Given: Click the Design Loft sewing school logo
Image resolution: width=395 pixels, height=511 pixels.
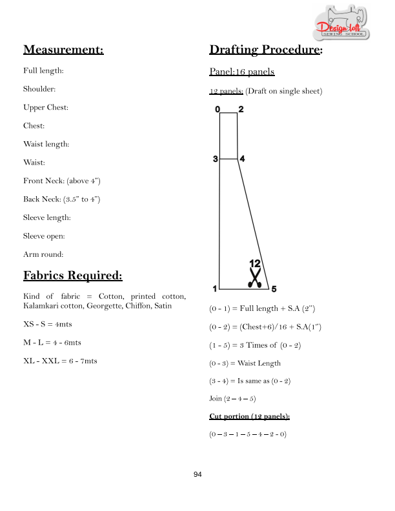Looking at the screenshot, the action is point(341,22).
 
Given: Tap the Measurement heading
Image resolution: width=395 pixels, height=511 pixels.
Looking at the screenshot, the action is point(63,50).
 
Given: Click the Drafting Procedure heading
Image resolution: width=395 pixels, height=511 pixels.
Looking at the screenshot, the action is point(266,50).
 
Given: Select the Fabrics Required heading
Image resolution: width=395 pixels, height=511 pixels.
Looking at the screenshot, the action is point(73,276).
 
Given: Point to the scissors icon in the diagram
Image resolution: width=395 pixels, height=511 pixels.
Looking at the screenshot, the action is point(255,277).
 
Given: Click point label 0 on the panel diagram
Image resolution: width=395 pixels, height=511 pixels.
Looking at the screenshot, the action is point(218,109).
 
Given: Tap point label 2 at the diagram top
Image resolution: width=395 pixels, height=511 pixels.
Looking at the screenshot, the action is point(241,109).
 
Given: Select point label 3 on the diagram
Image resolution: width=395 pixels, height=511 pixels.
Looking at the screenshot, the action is point(216,159).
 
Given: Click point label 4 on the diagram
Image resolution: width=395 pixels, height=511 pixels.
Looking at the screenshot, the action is point(242,159).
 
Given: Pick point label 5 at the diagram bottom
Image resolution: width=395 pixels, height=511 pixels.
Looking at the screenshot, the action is point(274,289).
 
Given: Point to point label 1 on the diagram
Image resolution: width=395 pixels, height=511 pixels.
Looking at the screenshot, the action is point(215,289).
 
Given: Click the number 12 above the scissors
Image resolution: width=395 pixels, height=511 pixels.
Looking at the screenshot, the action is point(255,263).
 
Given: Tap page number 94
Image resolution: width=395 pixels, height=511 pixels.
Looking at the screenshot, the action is point(197,474).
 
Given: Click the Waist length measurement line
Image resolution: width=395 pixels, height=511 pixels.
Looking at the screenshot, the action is point(46,144).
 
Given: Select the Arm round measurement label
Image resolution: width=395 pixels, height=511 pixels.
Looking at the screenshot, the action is point(43,254).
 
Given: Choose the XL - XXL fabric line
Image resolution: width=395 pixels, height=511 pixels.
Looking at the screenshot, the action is point(60,361).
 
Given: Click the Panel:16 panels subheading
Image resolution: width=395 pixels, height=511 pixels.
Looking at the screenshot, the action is point(242,72).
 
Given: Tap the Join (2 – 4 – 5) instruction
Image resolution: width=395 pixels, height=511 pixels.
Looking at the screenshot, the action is point(232,399).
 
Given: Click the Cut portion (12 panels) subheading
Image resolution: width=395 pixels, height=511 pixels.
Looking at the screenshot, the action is point(249,417).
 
